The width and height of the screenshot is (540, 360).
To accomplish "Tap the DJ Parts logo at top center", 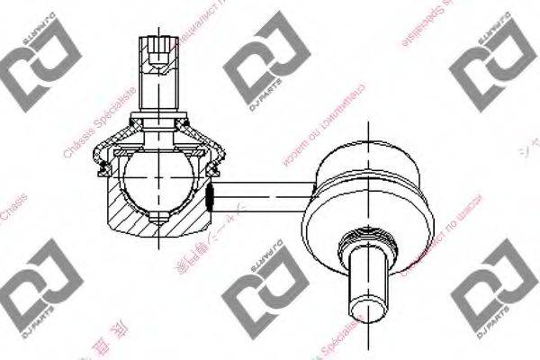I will [x=257, y=71].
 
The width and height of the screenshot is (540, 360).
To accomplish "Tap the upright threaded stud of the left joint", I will [x=159, y=76].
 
